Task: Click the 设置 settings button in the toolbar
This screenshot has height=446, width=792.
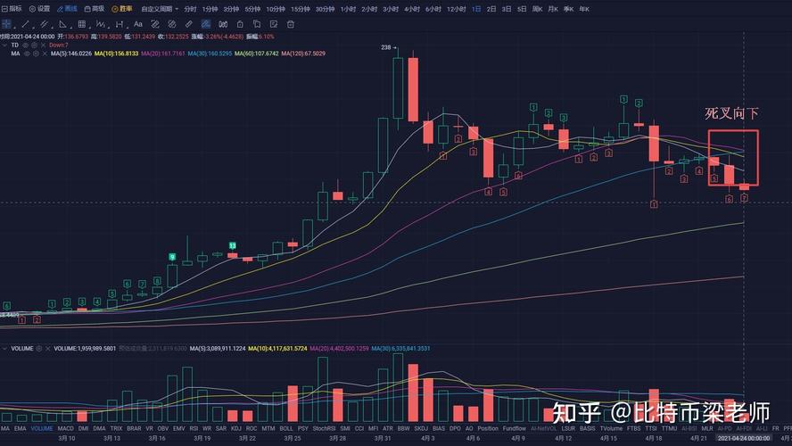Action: (39, 8)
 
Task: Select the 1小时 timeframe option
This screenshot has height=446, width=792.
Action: (348, 8)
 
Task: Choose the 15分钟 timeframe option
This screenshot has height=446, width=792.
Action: (301, 8)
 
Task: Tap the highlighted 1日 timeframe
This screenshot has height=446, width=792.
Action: (476, 8)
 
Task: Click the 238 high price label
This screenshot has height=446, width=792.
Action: (386, 46)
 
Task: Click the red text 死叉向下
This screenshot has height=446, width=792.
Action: (732, 113)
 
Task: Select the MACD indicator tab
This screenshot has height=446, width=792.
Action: (66, 428)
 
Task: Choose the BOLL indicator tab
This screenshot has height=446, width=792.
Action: (286, 428)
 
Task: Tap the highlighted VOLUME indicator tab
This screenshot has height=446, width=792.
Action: (42, 428)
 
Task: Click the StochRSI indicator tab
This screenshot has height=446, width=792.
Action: (325, 428)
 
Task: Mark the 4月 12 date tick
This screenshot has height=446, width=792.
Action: (563, 438)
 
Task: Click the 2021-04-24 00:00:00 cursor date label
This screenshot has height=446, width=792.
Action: (743, 438)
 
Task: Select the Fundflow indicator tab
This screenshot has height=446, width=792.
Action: (514, 428)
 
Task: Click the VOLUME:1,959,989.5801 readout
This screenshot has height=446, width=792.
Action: (86, 348)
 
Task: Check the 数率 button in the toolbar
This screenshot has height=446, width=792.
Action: (122, 8)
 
